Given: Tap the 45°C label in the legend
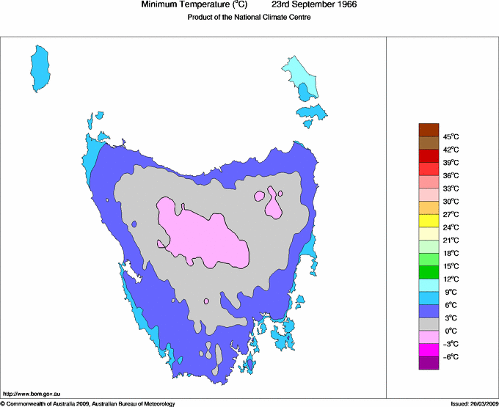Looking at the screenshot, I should (x=451, y=136).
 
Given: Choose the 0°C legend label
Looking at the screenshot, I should (x=451, y=331).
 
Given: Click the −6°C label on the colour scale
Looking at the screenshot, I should (x=451, y=356).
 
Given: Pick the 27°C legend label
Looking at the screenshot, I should (x=451, y=214).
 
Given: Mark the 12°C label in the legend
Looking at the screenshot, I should (x=451, y=279).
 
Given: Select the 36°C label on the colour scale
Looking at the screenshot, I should (x=451, y=175).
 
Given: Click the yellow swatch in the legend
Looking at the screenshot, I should (x=429, y=220).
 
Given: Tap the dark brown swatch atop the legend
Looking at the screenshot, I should (x=429, y=130).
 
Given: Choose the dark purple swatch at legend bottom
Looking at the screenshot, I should (x=429, y=362).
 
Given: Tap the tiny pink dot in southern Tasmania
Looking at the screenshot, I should (x=207, y=301).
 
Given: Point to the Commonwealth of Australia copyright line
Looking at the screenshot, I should (x=88, y=403).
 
